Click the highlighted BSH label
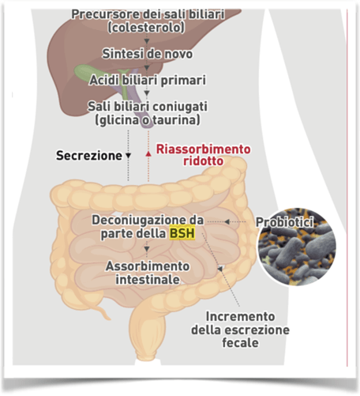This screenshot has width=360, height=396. pos(185,234)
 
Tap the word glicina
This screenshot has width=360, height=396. pos(117,119)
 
